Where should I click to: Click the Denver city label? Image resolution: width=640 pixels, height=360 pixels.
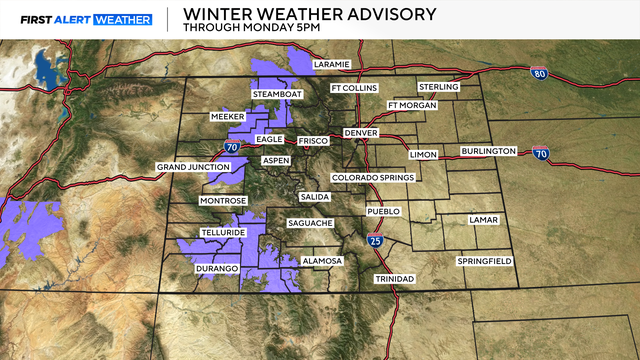[361, 133]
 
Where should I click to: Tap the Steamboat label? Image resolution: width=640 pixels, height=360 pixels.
[277, 95]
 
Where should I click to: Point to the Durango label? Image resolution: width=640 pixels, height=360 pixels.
[217, 269]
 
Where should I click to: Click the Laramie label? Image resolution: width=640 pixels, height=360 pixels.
[331, 64]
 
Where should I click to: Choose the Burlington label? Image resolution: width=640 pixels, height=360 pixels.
[488, 151]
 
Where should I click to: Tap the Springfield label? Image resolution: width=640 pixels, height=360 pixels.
[484, 261]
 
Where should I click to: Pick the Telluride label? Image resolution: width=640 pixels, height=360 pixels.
[223, 231]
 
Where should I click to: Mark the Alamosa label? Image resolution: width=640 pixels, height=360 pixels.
[323, 261]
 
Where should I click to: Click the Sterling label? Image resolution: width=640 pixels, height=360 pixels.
[438, 87]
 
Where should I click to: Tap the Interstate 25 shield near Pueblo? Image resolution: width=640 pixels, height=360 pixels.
[374, 240]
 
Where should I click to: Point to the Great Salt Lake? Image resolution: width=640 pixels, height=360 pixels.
[44, 68]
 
